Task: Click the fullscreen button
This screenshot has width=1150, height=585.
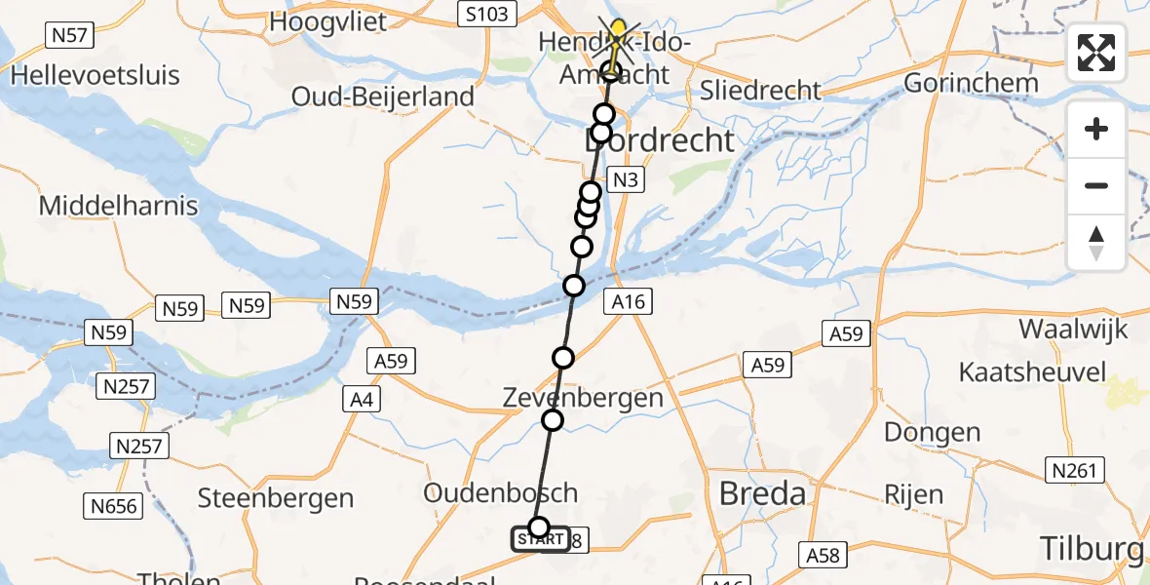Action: [x=1096, y=53]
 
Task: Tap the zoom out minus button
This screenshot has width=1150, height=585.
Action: [x=1096, y=185]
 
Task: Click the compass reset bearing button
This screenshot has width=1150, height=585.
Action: [x=1096, y=242]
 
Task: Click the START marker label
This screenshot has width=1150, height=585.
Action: [x=541, y=539]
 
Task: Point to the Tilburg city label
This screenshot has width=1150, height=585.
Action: [x=1092, y=549]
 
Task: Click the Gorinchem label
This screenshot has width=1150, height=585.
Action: [x=971, y=83]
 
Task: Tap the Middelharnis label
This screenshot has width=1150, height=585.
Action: [x=118, y=206]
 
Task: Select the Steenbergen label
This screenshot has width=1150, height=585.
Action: [x=276, y=498]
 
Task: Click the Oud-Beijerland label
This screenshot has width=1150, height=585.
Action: [x=383, y=97]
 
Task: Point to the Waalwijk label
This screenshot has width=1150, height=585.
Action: [x=1073, y=329]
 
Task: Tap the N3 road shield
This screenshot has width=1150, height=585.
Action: [x=625, y=179]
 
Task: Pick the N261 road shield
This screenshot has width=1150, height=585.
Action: [x=1077, y=471]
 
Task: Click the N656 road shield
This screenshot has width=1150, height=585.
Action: [x=116, y=506]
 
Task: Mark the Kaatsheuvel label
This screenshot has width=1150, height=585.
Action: [x=1032, y=372]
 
